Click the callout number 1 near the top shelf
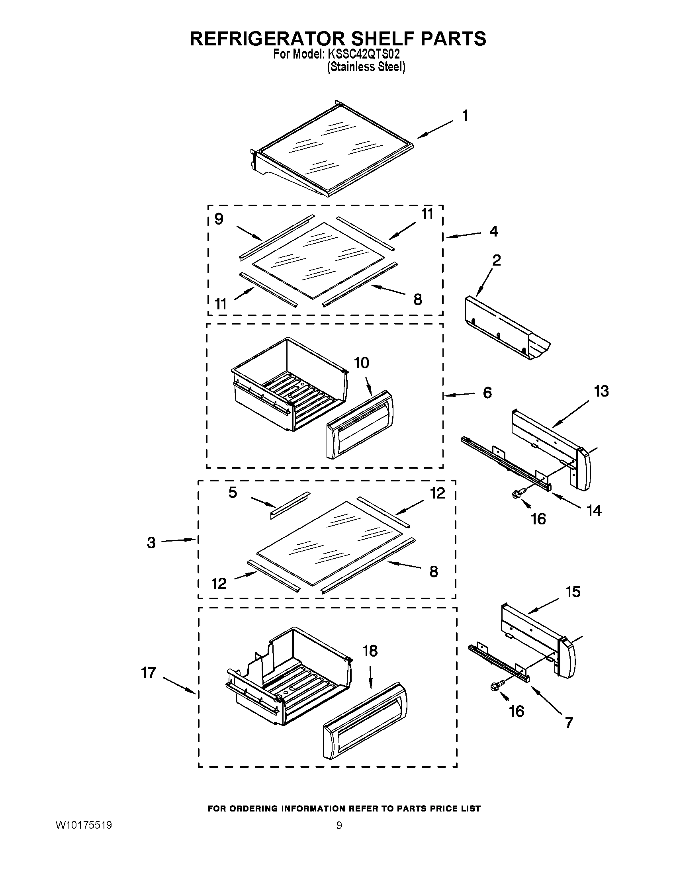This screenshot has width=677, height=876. [465, 116]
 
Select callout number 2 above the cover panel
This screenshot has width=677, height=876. [496, 261]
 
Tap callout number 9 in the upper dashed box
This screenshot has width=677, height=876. [219, 219]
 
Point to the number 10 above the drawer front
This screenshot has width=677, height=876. [361, 363]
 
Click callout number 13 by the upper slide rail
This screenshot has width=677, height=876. [601, 391]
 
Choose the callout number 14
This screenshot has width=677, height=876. [594, 510]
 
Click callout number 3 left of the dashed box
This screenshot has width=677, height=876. [151, 543]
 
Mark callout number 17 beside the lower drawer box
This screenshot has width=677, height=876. [149, 673]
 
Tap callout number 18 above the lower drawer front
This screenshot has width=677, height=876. [370, 651]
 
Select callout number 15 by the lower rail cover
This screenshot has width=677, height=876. [573, 592]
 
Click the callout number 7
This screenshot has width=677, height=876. [569, 723]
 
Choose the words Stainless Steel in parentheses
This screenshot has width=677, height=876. [366, 67]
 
